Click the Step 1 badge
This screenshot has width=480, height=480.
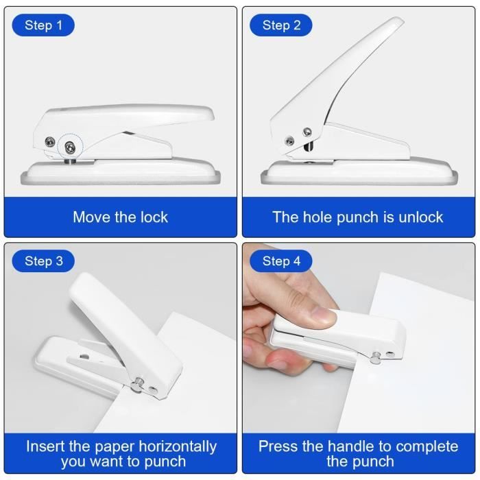pyautogui.click(x=43, y=25)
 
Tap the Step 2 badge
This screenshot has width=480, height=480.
pyautogui.click(x=281, y=25)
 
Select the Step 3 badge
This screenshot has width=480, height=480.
pyautogui.click(x=43, y=261)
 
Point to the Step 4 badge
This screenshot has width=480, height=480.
pyautogui.click(x=281, y=261)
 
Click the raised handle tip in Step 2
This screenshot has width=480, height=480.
pyautogui.click(x=394, y=26)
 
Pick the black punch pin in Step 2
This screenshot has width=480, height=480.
pyautogui.click(x=308, y=146)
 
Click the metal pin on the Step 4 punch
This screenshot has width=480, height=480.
pyautogui.click(x=376, y=355)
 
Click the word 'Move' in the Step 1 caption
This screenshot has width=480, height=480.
pyautogui.click(x=93, y=217)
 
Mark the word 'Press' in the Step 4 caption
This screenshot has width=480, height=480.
pyautogui.click(x=278, y=446)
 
